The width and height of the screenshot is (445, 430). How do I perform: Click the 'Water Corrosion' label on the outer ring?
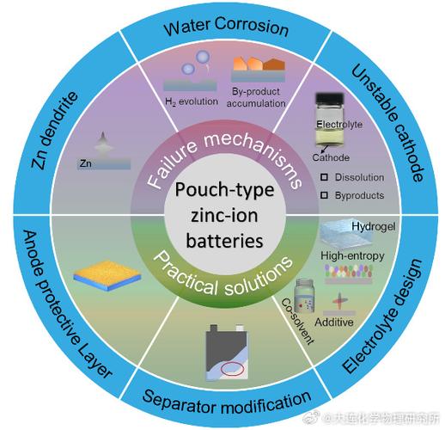(x=226, y=27)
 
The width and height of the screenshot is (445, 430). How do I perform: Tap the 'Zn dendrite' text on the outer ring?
(x=54, y=131)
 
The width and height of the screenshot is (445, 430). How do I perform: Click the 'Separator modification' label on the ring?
(x=227, y=401)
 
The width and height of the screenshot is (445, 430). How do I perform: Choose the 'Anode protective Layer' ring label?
(x=65, y=304)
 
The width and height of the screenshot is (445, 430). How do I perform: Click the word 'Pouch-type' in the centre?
(x=224, y=190)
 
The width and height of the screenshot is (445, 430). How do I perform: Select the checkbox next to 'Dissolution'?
(x=324, y=177)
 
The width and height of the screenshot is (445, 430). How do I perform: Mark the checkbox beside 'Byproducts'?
(x=324, y=195)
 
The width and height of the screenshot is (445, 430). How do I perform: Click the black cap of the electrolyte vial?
(x=329, y=98)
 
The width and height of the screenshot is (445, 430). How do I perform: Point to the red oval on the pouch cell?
(x=232, y=369)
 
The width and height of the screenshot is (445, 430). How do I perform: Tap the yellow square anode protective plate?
(x=107, y=275)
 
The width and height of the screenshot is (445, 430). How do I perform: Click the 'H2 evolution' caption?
(x=192, y=101)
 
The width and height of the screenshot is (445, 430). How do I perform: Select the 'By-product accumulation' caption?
(x=256, y=97)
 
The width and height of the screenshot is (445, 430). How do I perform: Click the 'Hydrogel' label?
(x=374, y=226)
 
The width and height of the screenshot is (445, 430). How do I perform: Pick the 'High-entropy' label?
(x=352, y=255)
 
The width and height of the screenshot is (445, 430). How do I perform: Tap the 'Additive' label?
(x=334, y=322)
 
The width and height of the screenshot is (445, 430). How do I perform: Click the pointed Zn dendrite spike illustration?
(x=103, y=142)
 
